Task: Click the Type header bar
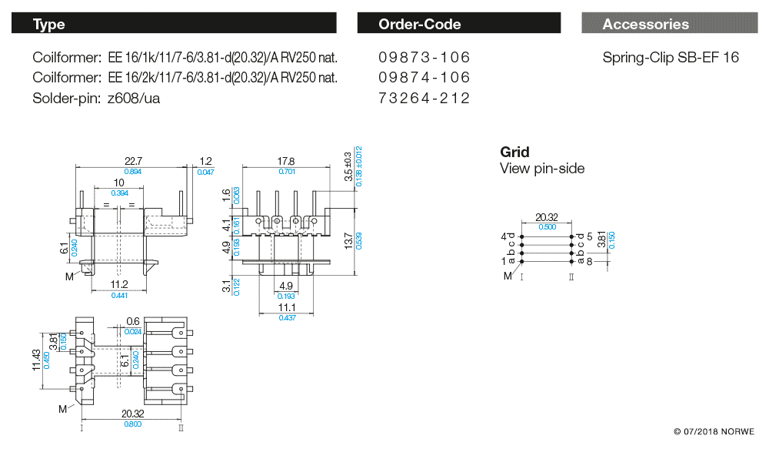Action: click(175, 24)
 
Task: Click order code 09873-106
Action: click(424, 58)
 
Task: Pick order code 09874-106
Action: click(424, 78)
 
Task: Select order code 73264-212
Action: click(424, 98)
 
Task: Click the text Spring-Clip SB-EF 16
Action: click(671, 58)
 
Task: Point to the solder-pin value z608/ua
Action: click(134, 98)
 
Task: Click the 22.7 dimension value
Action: click(133, 160)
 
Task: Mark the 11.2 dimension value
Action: click(119, 284)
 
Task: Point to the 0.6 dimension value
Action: click(132, 321)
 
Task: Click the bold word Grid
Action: click(514, 152)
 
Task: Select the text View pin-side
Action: click(542, 169)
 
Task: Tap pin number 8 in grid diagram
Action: click(588, 262)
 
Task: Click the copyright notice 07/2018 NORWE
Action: click(714, 431)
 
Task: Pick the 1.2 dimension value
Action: click(205, 161)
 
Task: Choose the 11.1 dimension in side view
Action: click(286, 307)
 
